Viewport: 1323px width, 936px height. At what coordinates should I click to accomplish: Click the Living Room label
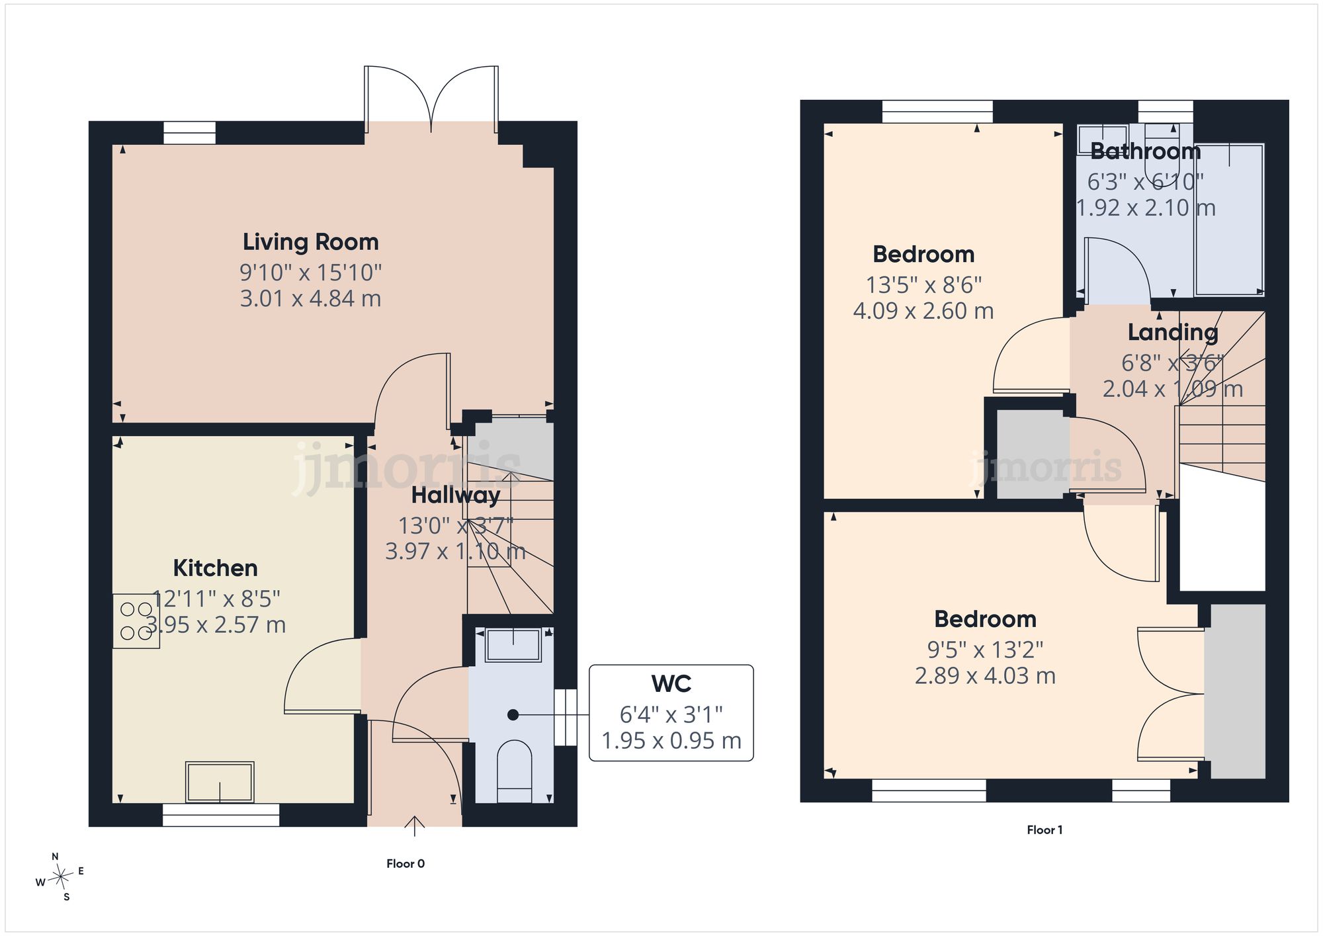tap(310, 242)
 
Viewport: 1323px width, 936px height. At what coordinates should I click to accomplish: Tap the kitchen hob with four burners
tap(136, 621)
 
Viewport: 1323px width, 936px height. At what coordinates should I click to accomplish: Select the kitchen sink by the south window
tap(220, 782)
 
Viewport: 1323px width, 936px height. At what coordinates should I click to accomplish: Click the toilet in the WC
tap(514, 771)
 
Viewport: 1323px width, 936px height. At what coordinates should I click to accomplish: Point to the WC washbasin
tap(513, 645)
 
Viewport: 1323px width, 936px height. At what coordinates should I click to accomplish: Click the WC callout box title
tap(671, 684)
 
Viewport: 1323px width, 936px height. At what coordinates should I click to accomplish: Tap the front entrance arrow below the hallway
tap(415, 826)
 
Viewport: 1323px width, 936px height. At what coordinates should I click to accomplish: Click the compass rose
tap(60, 877)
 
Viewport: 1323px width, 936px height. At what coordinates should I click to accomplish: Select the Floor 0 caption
tap(405, 863)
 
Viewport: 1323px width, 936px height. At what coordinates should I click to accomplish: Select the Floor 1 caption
tap(1045, 830)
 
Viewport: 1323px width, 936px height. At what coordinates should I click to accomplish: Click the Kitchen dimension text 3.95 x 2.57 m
tap(216, 624)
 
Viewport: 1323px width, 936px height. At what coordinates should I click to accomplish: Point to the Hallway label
tap(456, 495)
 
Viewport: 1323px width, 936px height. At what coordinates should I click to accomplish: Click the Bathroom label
tap(1145, 151)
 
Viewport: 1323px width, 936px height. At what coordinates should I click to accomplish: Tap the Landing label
tap(1173, 333)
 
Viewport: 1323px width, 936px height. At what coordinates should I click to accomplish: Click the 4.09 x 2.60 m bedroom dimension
tap(923, 311)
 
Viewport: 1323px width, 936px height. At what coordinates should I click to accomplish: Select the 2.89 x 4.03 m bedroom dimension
tap(985, 676)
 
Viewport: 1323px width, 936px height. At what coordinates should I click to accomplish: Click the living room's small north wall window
tap(190, 133)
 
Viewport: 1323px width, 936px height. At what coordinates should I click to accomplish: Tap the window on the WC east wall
tap(566, 718)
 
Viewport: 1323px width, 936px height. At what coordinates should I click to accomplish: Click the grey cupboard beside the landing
tap(1033, 454)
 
